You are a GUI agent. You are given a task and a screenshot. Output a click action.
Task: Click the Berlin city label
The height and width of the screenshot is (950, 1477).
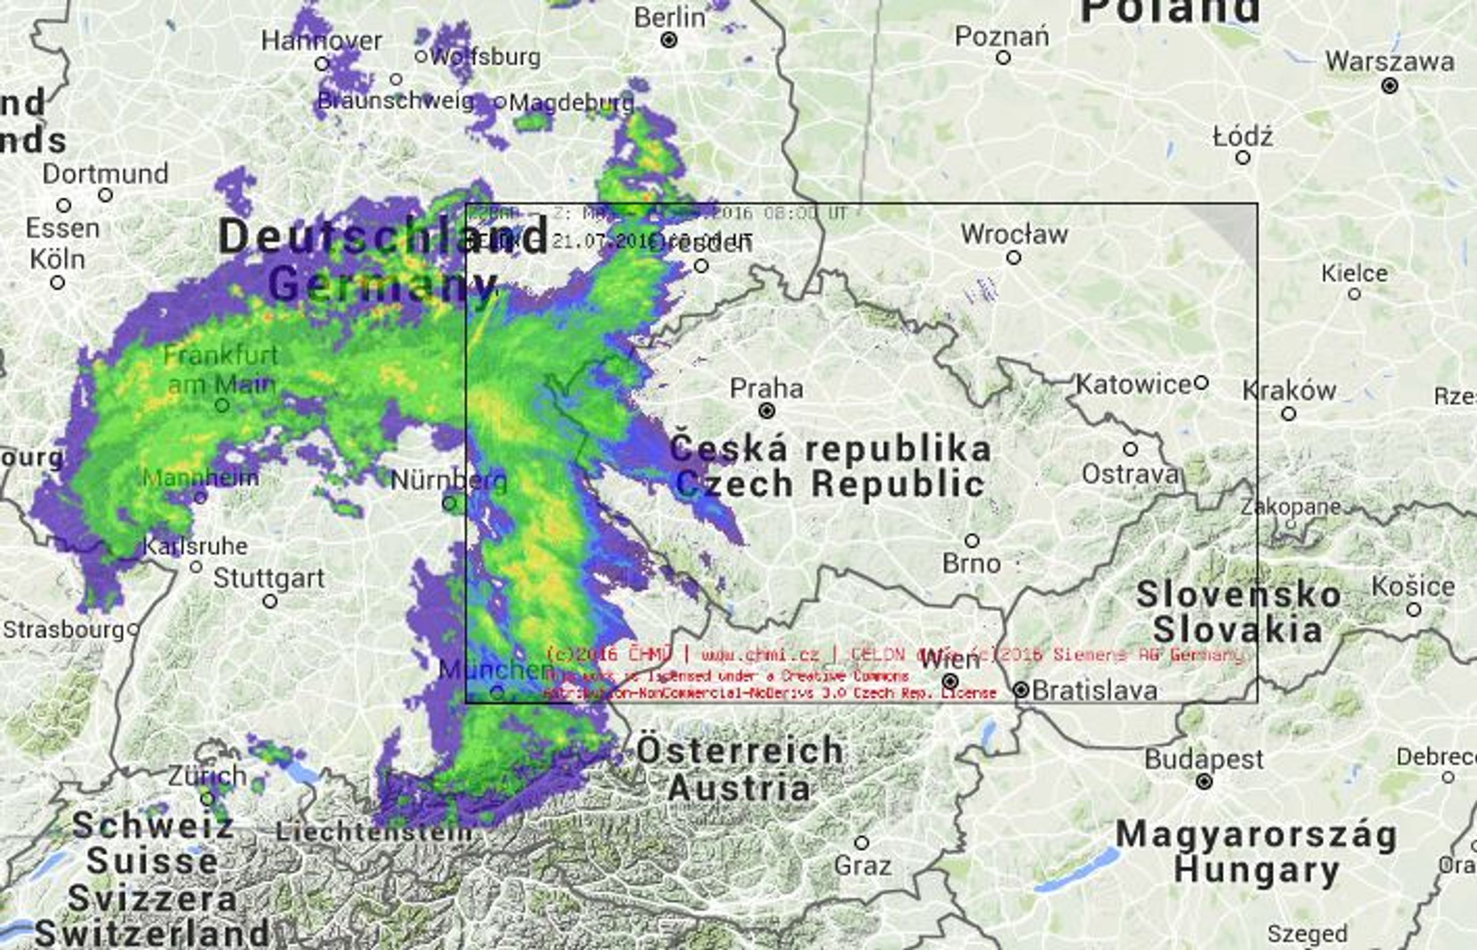tap(669, 17)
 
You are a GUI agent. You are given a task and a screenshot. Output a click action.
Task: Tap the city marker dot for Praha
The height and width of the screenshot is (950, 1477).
tap(766, 410)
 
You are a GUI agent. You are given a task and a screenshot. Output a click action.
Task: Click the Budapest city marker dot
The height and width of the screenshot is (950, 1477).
tap(1204, 782)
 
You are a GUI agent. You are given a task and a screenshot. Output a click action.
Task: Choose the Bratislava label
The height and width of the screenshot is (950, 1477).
tap(1094, 690)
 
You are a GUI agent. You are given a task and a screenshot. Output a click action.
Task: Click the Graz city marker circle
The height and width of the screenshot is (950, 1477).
tap(861, 842)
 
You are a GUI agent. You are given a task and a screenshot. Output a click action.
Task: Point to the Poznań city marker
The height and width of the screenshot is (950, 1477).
tap(1003, 58)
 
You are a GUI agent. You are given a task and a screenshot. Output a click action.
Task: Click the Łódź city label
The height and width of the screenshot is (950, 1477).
tap(1242, 137)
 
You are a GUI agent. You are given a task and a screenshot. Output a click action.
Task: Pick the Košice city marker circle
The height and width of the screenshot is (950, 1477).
tap(1414, 610)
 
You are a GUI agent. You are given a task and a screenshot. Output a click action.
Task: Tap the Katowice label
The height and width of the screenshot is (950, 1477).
tap(1133, 385)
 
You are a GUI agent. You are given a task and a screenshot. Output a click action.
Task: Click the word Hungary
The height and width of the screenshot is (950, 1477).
tap(1256, 870)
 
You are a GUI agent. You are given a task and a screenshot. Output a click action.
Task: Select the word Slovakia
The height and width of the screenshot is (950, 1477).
tap(1237, 630)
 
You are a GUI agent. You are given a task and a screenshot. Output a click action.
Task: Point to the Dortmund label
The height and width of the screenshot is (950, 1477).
tap(105, 174)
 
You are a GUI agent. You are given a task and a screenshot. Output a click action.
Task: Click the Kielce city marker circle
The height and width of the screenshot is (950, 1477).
tap(1354, 294)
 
